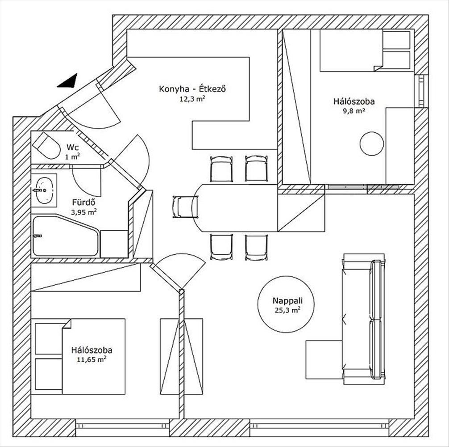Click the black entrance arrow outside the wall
coord(68,81)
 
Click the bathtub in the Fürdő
coord(65,236)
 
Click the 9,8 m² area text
coord(353,110)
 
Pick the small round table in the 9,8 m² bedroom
coord(372,144)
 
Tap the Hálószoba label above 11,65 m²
coord(91,350)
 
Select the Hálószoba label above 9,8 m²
coord(353,101)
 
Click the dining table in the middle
coord(237,207)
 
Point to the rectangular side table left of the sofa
coord(324,359)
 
